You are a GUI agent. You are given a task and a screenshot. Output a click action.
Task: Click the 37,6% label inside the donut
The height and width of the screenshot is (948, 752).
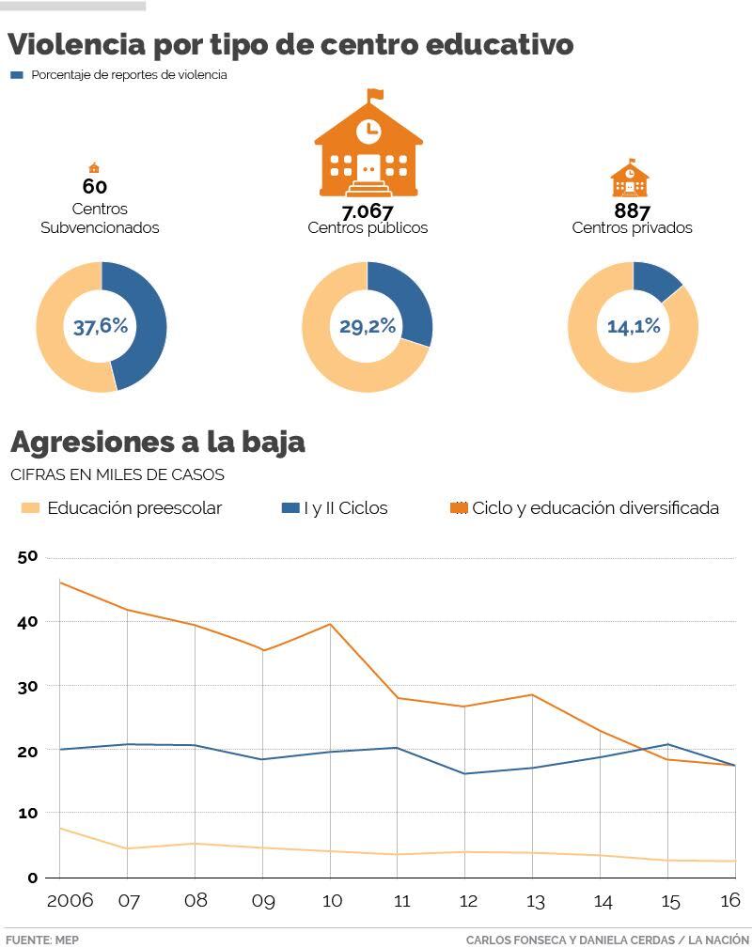pyautogui.click(x=101, y=327)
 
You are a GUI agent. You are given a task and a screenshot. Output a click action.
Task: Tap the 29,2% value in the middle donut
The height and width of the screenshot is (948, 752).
pyautogui.click(x=367, y=327)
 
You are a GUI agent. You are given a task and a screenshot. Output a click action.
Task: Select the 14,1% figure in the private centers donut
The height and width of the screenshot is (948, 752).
pyautogui.click(x=633, y=327)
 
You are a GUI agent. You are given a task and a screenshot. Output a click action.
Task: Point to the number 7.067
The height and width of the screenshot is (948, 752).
pyautogui.click(x=367, y=211)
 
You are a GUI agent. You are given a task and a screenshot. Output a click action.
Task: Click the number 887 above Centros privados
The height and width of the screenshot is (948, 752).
pyautogui.click(x=632, y=210)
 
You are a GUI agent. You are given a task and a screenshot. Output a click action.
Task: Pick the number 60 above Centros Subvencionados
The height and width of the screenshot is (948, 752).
pyautogui.click(x=94, y=186)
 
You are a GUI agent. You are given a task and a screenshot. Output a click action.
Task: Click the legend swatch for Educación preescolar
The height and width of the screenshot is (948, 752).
pyautogui.click(x=31, y=508)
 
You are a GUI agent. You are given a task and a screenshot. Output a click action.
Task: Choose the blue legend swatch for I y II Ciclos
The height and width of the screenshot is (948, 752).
pyautogui.click(x=291, y=508)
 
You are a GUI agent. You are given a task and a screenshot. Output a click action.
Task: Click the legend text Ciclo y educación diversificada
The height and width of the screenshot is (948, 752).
pyautogui.click(x=595, y=508)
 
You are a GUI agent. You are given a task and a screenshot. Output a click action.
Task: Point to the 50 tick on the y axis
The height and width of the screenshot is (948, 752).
pyautogui.click(x=27, y=557)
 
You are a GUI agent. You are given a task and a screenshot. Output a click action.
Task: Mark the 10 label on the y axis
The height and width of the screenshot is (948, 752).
pyautogui.click(x=27, y=814)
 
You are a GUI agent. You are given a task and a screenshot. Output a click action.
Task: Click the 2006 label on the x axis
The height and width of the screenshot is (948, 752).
pyautogui.click(x=70, y=901)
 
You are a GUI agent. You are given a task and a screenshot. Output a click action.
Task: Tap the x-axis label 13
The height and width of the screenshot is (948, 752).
pyautogui.click(x=536, y=902)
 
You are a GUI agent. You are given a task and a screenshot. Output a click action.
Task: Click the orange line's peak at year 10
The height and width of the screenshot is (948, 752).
pyautogui.click(x=329, y=624)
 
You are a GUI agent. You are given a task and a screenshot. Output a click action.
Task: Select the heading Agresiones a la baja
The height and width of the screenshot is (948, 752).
pyautogui.click(x=157, y=442)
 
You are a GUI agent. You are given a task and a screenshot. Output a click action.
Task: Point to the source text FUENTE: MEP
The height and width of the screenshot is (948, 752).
pyautogui.click(x=42, y=940)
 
